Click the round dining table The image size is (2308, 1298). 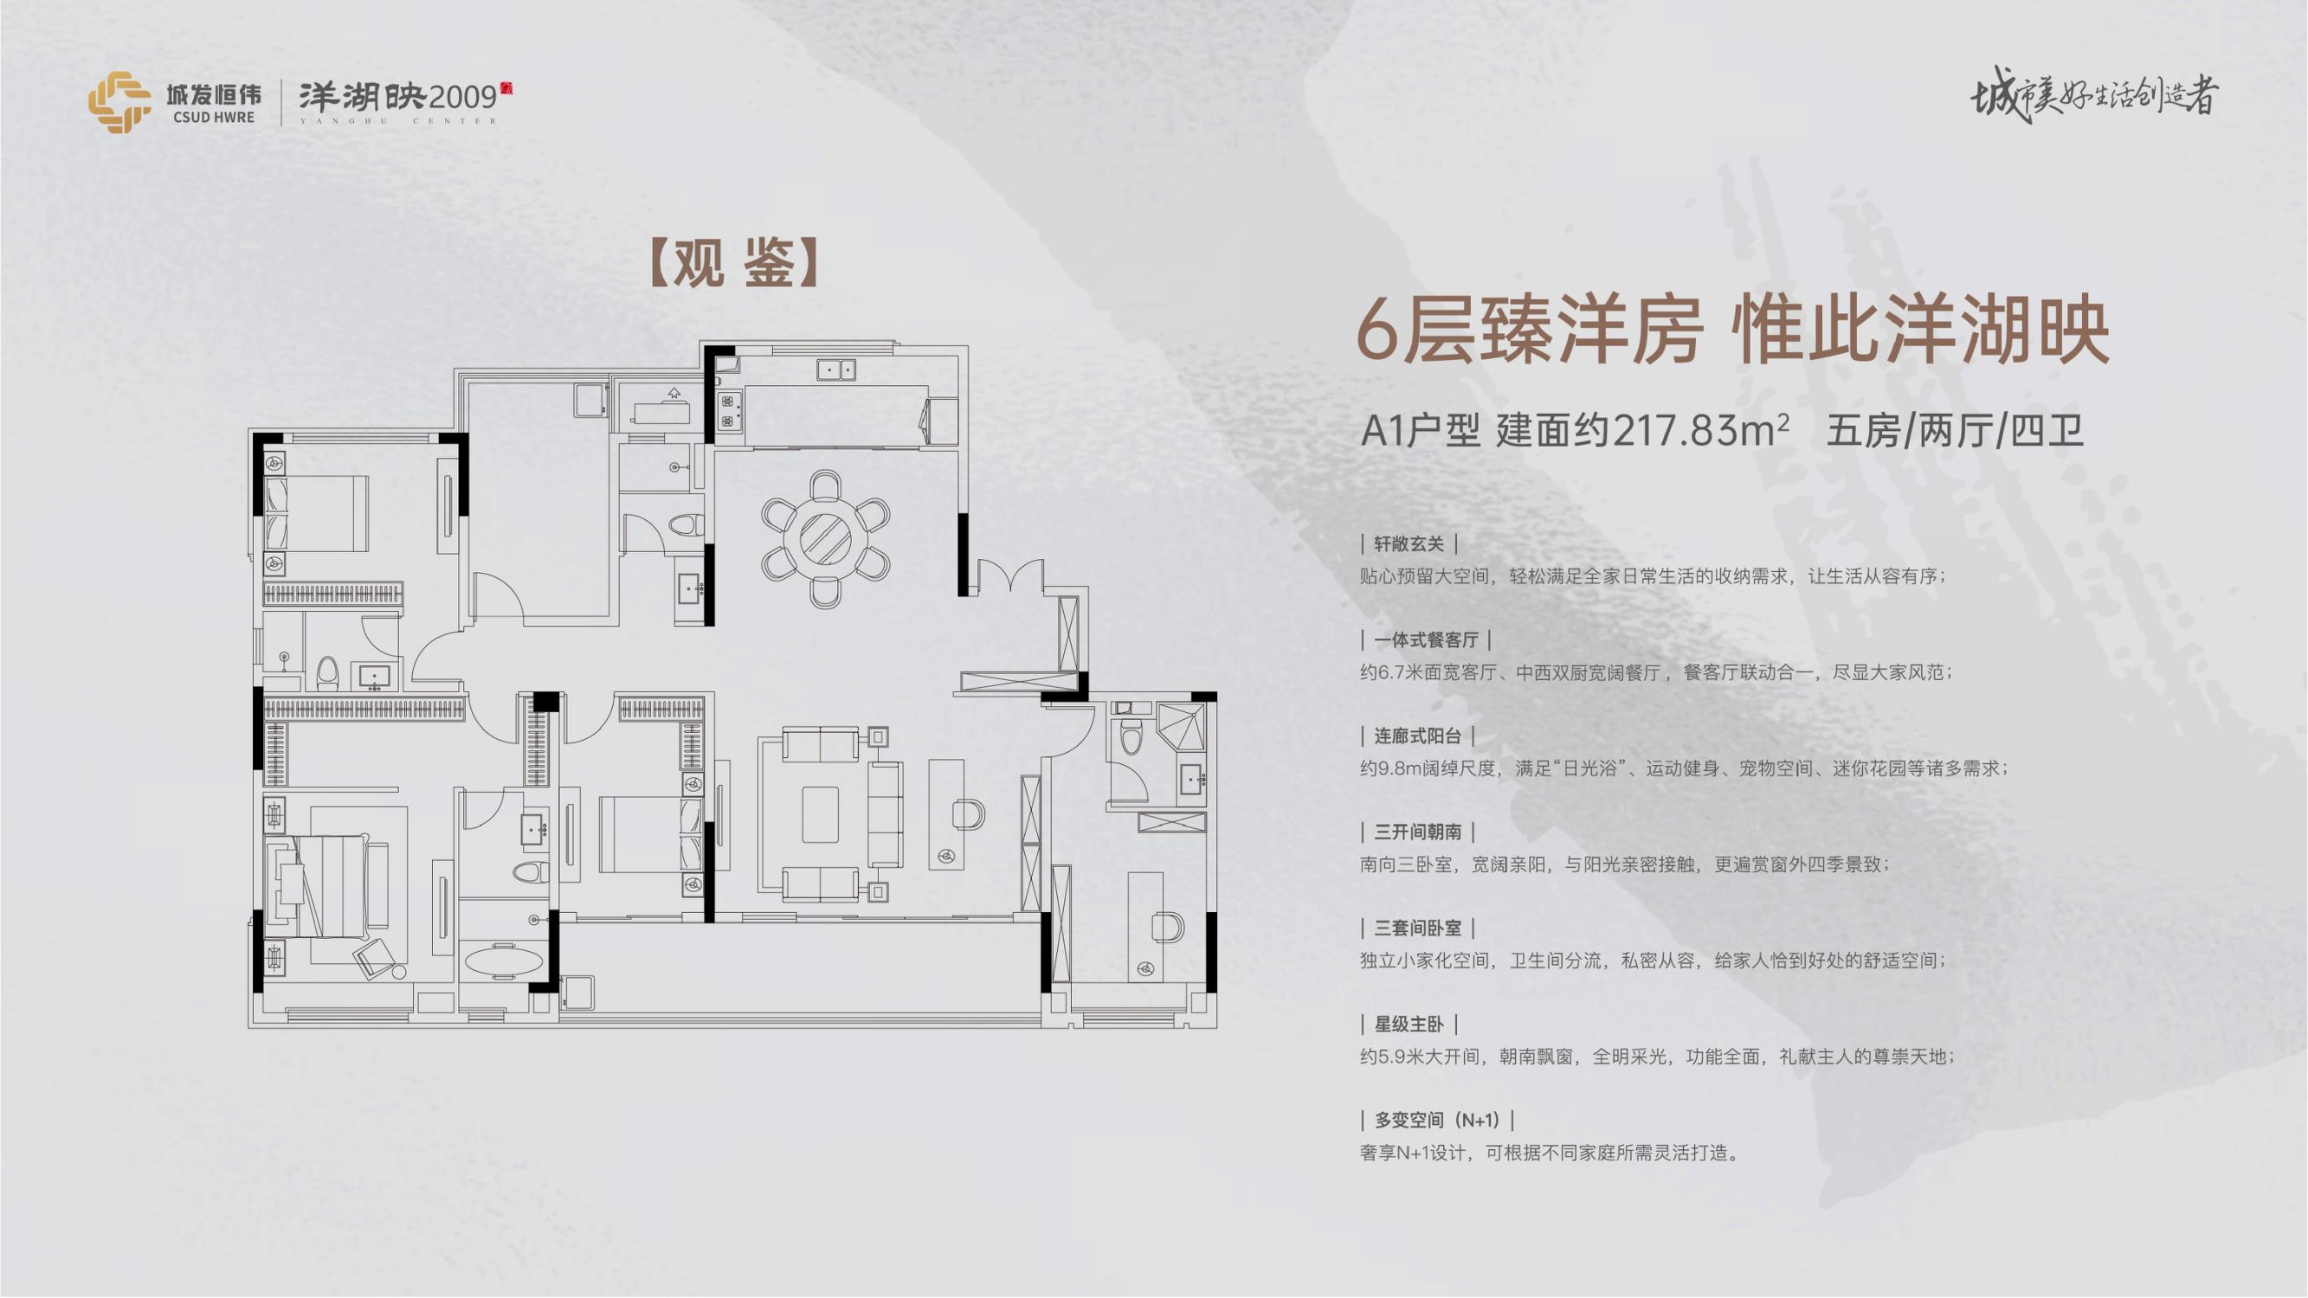tap(825, 539)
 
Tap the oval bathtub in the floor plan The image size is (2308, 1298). tap(504, 961)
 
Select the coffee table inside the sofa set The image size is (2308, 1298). tap(820, 813)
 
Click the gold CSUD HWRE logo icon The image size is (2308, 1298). tap(119, 102)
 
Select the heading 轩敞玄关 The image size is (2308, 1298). tap(1409, 543)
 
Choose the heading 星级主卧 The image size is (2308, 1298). tap(1409, 1024)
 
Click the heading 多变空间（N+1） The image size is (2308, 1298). tap(1437, 1120)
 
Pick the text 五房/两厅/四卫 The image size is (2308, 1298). tap(1954, 432)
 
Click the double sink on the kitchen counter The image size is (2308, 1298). tap(836, 369)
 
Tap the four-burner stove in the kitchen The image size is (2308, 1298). tap(727, 411)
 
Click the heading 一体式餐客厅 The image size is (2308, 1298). tap(1426, 639)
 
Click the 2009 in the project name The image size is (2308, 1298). tap(462, 96)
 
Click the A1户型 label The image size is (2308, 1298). tap(1420, 432)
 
